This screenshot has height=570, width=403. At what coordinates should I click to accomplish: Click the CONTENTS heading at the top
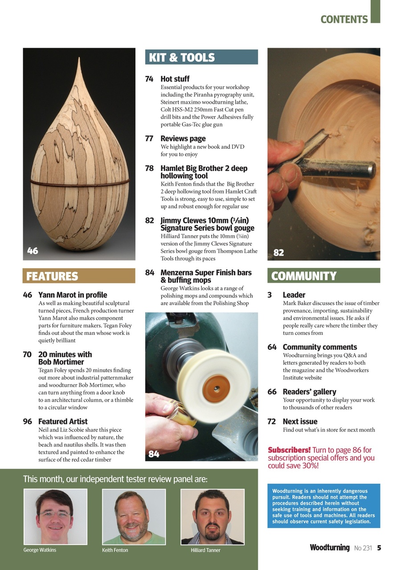(x=344, y=20)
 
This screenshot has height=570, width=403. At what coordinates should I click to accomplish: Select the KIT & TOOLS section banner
(x=201, y=57)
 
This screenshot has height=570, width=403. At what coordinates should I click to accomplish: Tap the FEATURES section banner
(x=79, y=276)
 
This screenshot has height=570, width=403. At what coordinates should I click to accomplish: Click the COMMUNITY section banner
(x=323, y=276)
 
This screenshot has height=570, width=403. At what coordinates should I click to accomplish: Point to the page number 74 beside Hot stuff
(x=149, y=79)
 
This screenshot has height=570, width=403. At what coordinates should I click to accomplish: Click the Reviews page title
(x=183, y=138)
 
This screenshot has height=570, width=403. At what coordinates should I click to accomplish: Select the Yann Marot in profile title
(x=73, y=295)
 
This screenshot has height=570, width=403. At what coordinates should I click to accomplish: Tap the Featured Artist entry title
(x=63, y=421)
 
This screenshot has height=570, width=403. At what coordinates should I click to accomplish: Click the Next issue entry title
(x=300, y=421)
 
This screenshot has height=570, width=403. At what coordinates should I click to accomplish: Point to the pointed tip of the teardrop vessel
(x=79, y=60)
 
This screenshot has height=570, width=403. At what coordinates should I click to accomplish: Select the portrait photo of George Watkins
(x=55, y=517)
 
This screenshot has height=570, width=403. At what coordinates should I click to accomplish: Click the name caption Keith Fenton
(x=115, y=550)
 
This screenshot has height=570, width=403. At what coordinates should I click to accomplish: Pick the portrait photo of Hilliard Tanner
(x=212, y=517)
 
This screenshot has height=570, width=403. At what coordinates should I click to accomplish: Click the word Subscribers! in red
(x=289, y=450)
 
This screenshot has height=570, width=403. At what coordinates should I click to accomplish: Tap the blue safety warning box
(x=323, y=506)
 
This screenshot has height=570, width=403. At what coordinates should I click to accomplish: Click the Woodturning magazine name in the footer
(x=330, y=548)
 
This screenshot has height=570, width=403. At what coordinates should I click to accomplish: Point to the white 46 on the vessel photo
(x=33, y=251)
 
